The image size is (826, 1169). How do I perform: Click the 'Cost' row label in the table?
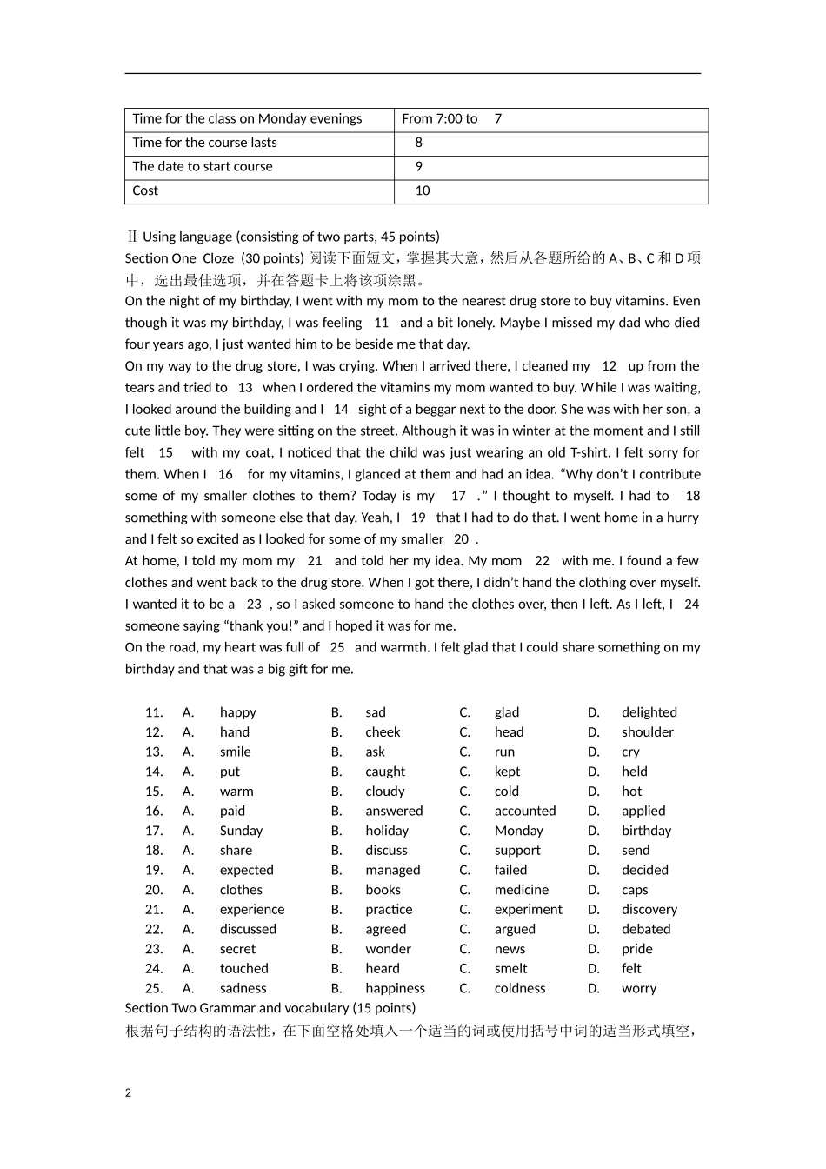click(145, 191)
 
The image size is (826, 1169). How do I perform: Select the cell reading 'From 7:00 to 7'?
click(451, 119)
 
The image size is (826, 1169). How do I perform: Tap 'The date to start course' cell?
click(203, 167)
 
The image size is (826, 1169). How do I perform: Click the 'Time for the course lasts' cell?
click(204, 143)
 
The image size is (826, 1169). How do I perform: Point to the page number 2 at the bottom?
click(129, 1093)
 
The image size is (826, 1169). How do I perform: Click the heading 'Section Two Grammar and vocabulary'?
click(270, 1008)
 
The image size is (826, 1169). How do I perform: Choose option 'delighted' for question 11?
click(649, 712)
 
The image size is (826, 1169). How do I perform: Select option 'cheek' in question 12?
click(383, 732)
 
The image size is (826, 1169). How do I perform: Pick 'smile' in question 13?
click(235, 752)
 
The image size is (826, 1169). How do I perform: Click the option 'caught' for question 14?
click(385, 772)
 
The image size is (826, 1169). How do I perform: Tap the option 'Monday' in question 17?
click(518, 831)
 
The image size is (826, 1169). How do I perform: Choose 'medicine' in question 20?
click(521, 890)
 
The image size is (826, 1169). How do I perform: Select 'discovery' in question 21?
click(649, 910)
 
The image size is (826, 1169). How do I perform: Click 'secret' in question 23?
click(237, 949)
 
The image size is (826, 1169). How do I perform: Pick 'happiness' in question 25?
click(395, 989)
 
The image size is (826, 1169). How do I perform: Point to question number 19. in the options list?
click(154, 871)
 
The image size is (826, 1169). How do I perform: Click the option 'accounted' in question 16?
click(524, 812)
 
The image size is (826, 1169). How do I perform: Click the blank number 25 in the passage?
click(337, 647)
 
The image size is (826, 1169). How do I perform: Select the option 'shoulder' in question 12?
click(647, 732)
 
